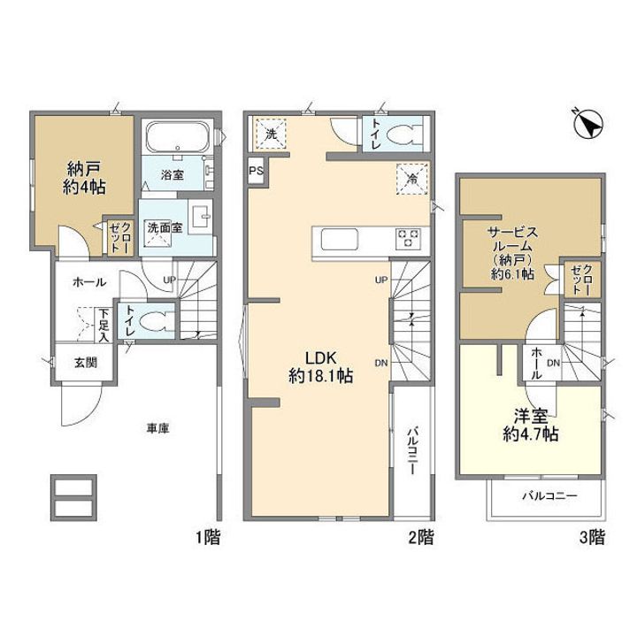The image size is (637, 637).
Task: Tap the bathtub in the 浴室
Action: pos(178,136)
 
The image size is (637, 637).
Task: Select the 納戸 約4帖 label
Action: pos(84,178)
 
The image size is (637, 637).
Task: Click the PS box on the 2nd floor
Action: pos(257,171)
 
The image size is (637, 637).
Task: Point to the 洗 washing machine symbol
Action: pos(271,134)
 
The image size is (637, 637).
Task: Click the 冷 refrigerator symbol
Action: pos(412,179)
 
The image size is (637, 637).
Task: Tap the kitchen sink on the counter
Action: pos(340,239)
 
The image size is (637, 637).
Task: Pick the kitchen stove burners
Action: pos(408,239)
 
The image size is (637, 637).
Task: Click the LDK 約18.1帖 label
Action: pos(320,367)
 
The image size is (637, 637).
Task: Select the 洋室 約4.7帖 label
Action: pos(531,425)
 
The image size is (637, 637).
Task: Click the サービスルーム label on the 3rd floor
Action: pos(512,239)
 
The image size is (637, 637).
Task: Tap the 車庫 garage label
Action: pos(158,428)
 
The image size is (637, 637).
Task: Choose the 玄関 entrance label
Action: pos(86,363)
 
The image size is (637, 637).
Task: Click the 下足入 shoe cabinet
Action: pos(104,325)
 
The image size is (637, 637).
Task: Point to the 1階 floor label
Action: pos(208,538)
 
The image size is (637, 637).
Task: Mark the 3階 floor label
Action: pos(592,538)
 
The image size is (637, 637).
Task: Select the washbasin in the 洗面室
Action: pos(200,217)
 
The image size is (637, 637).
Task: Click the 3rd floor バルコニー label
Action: pos(549,495)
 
